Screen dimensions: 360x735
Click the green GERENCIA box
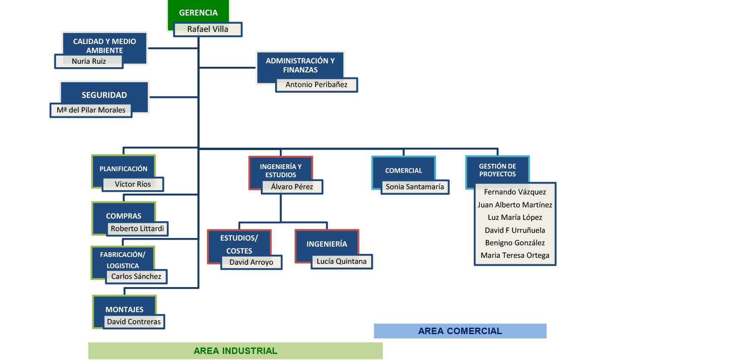click(x=198, y=13)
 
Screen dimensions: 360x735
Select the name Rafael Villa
click(x=207, y=29)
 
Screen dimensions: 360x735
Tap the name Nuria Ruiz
click(x=89, y=61)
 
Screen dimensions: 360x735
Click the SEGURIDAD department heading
click(x=104, y=95)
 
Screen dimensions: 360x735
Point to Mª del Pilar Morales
click(x=91, y=110)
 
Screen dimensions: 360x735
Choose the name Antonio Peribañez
click(x=316, y=85)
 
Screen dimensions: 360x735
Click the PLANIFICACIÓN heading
click(x=123, y=169)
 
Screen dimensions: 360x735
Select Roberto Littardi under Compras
click(x=137, y=229)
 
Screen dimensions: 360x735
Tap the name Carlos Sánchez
click(x=136, y=276)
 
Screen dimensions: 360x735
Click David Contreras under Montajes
click(x=134, y=322)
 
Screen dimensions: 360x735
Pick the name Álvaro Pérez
click(x=292, y=187)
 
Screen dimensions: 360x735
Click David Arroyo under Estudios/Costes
click(x=251, y=262)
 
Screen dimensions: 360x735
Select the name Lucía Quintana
click(x=341, y=261)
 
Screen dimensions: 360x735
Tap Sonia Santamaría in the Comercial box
click(x=415, y=187)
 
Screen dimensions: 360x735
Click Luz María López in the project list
click(x=515, y=217)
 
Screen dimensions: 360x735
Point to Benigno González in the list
click(x=515, y=243)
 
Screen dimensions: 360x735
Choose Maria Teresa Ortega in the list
click(x=515, y=255)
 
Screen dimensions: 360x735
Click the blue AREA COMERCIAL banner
click(x=460, y=331)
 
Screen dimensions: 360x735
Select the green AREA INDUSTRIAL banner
click(x=235, y=351)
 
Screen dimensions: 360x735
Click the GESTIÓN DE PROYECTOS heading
click(x=497, y=170)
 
